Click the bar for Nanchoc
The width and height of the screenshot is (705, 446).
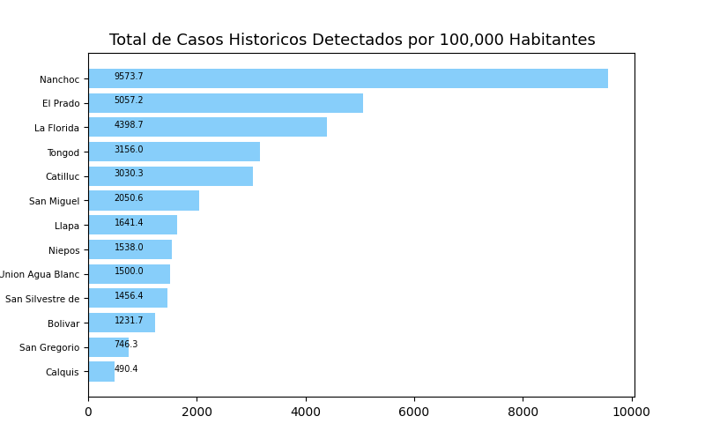pos(348,78)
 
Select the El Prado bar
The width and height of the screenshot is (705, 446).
pos(226,103)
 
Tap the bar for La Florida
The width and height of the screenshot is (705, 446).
pos(208,127)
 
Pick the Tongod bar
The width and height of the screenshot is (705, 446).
pos(174,152)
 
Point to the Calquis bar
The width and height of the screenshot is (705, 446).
pos(101,371)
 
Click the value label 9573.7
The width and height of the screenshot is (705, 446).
pos(129,77)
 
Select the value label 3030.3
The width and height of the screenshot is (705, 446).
pos(129,174)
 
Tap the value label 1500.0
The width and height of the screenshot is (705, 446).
pos(129,271)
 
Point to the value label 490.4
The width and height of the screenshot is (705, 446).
pos(126,369)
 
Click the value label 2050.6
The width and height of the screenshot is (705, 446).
pos(129,198)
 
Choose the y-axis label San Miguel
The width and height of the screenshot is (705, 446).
pos(54,202)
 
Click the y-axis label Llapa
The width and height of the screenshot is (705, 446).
pos(67,226)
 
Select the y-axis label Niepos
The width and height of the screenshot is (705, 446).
pos(63,250)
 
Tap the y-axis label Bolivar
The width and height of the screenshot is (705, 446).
pos(63,323)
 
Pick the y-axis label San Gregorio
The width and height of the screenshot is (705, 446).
pos(49,348)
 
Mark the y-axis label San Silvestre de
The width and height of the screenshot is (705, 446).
pos(42,299)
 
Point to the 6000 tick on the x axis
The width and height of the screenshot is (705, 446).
pos(414,412)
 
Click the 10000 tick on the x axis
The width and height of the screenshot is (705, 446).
pos(632,412)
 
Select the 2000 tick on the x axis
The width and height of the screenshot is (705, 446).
pos(197,412)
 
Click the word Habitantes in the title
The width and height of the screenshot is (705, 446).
pos(553,41)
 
